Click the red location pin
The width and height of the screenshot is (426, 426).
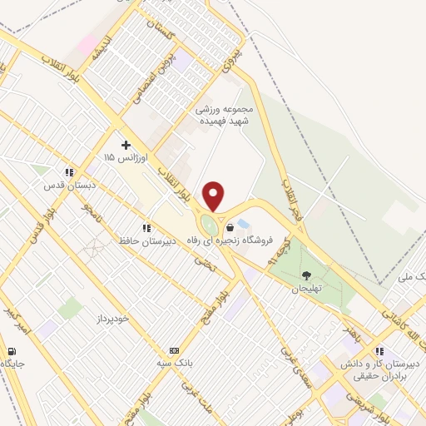[214, 195]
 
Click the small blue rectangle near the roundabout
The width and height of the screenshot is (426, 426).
[242, 224]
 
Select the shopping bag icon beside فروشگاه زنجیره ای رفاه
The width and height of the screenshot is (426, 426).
[230, 226]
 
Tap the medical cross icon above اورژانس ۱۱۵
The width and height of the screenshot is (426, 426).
[126, 146]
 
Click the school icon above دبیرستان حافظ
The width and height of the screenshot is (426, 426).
[146, 227]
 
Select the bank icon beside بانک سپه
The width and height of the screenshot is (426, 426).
[173, 350]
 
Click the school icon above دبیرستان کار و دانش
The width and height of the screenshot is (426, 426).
[380, 351]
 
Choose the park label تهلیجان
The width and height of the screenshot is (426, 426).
[305, 289]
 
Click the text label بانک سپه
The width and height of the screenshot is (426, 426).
[203, 350]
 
